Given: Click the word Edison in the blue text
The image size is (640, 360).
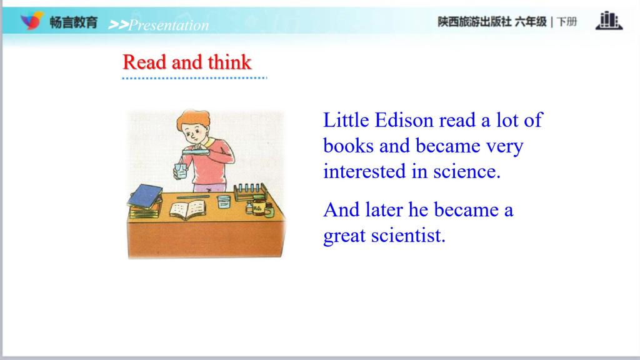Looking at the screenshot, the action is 404,121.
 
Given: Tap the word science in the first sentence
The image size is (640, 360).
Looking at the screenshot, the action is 466,171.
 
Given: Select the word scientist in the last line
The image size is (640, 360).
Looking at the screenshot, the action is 408,236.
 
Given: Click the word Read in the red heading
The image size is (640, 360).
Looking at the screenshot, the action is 144,62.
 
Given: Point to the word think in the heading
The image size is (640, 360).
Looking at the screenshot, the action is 229,62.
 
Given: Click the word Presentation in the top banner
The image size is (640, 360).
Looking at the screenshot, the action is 169,25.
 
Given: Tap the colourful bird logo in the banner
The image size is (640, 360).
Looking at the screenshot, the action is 32,21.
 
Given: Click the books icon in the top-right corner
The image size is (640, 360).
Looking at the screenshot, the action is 609,21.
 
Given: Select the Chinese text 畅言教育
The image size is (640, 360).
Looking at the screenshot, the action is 74,22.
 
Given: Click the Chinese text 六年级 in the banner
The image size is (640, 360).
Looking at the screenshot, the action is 531,22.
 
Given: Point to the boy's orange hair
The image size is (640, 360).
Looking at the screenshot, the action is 194,118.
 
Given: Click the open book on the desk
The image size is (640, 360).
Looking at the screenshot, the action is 187,209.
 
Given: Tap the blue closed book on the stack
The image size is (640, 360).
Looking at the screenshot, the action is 145,195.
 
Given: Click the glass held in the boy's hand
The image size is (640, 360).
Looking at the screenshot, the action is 181,171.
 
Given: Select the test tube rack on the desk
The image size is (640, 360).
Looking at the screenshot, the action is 250,191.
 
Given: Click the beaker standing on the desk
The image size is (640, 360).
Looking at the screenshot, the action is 224,202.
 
